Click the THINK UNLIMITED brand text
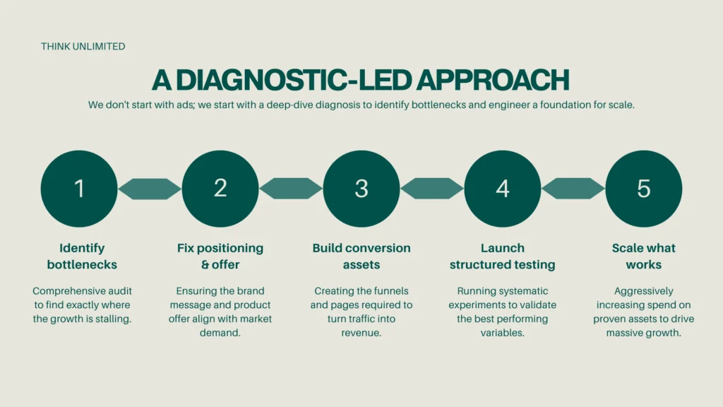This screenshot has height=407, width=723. pyautogui.click(x=83, y=47)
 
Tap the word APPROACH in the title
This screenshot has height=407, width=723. pyautogui.click(x=492, y=80)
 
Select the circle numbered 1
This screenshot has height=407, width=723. pyautogui.click(x=79, y=189)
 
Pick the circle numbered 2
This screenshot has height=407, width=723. pyautogui.click(x=220, y=189)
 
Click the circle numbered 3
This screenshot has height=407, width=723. pyautogui.click(x=361, y=189)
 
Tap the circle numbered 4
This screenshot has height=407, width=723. pyautogui.click(x=503, y=189)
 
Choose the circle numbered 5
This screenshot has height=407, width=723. pyautogui.click(x=644, y=189)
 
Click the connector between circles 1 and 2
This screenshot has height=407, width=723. pyautogui.click(x=150, y=189)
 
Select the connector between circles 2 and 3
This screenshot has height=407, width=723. pyautogui.click(x=291, y=189)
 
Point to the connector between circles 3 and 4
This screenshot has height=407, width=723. pyautogui.click(x=432, y=189)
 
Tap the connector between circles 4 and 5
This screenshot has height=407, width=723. pyautogui.click(x=573, y=189)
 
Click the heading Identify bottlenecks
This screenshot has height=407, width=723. pyautogui.click(x=82, y=256)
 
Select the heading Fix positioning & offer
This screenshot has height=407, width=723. pyautogui.click(x=220, y=256)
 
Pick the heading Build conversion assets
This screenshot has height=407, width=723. pyautogui.click(x=361, y=256)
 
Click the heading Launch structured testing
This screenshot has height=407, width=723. pyautogui.click(x=503, y=256)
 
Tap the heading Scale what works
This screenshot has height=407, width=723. pyautogui.click(x=644, y=256)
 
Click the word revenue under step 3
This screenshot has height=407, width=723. pyautogui.click(x=361, y=333)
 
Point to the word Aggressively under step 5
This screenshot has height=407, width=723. pyautogui.click(x=644, y=290)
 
